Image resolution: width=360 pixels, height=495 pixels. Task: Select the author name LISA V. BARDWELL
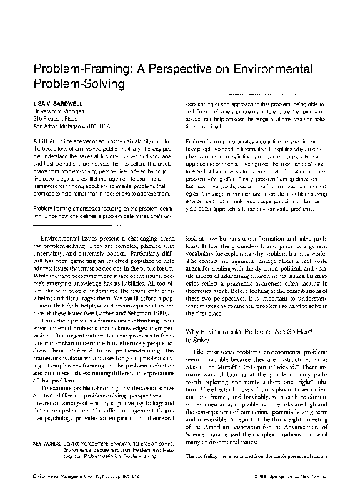59,101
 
